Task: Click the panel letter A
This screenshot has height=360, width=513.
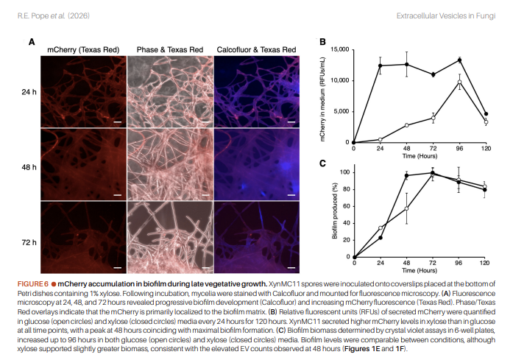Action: pyautogui.click(x=32, y=42)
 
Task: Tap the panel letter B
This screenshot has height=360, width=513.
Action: pyautogui.click(x=322, y=42)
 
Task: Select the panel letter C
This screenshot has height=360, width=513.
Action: pyautogui.click(x=322, y=163)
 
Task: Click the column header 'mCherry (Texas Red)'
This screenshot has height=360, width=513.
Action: pyautogui.click(x=82, y=49)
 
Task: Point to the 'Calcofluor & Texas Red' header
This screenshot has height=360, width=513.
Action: pyautogui.click(x=256, y=49)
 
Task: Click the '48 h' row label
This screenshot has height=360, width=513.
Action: pyautogui.click(x=29, y=167)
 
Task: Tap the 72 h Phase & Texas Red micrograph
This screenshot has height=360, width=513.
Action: pyautogui.click(x=169, y=237)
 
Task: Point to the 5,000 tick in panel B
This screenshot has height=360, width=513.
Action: pyautogui.click(x=340, y=111)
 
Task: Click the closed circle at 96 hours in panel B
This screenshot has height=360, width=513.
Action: pyautogui.click(x=459, y=60)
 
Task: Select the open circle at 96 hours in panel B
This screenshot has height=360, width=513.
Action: pyautogui.click(x=459, y=82)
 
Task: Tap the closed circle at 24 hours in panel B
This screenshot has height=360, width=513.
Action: pyautogui.click(x=381, y=66)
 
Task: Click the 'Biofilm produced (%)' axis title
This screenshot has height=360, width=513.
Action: pyautogui.click(x=333, y=213)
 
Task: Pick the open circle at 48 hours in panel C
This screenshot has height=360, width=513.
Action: pyautogui.click(x=406, y=208)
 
